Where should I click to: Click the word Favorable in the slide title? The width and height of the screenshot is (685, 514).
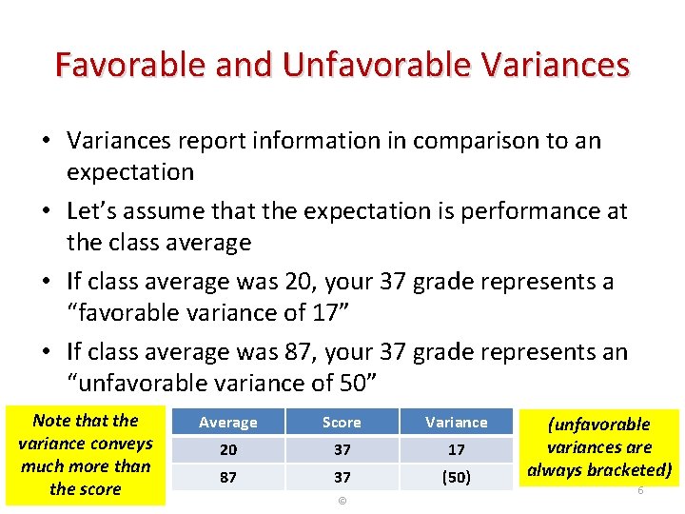pyautogui.click(x=127, y=65)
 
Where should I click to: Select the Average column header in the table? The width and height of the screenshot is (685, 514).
pyautogui.click(x=227, y=423)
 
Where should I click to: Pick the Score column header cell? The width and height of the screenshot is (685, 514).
pyautogui.click(x=342, y=423)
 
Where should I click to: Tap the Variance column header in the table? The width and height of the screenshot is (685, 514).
pyautogui.click(x=456, y=423)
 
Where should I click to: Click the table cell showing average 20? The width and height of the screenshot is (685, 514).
pyautogui.click(x=227, y=449)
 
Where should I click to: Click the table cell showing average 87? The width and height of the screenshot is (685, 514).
pyautogui.click(x=227, y=477)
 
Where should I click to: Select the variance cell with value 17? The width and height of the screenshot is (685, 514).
pyautogui.click(x=456, y=449)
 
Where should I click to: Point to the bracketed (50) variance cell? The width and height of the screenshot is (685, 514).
pyautogui.click(x=456, y=477)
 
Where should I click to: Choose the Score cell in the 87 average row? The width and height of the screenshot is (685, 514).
pyautogui.click(x=342, y=477)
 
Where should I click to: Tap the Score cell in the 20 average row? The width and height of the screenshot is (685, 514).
pyautogui.click(x=342, y=449)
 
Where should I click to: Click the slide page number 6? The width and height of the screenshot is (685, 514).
pyautogui.click(x=640, y=490)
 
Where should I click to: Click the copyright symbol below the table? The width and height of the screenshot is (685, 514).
pyautogui.click(x=342, y=501)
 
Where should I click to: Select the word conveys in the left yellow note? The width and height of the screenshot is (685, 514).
pyautogui.click(x=121, y=444)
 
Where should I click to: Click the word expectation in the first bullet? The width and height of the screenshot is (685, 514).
pyautogui.click(x=130, y=172)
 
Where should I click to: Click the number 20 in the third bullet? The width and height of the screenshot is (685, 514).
pyautogui.click(x=297, y=282)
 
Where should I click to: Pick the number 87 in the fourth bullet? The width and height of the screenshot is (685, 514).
pyautogui.click(x=297, y=352)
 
